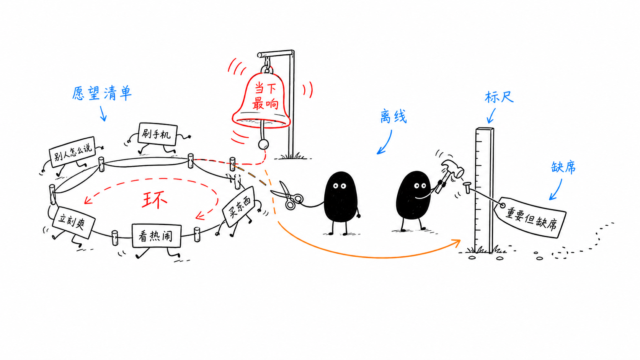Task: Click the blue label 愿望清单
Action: (x=102, y=93)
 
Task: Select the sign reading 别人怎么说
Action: (x=72, y=152)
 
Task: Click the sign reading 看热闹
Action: (x=157, y=236)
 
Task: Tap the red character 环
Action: (x=155, y=200)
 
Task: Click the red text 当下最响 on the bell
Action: (x=265, y=96)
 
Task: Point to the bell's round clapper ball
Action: (x=263, y=144)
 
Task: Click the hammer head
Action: (x=453, y=168)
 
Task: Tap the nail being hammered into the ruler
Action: (x=467, y=187)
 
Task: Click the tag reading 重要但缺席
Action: (x=530, y=217)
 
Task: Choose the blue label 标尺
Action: (x=499, y=97)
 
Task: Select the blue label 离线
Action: (x=393, y=116)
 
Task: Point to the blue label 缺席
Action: (x=563, y=167)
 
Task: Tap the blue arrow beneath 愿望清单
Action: (x=103, y=114)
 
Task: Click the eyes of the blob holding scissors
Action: (x=340, y=186)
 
